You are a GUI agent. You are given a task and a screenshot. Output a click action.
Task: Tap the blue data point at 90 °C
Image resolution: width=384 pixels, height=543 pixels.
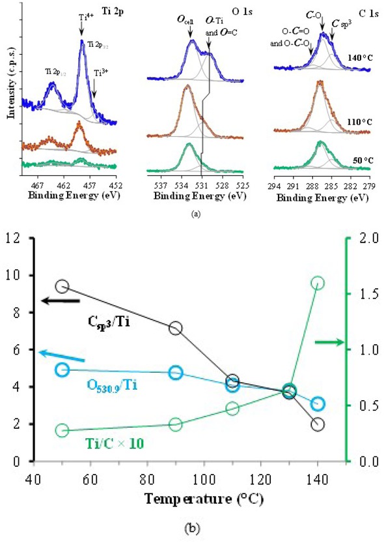175,373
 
